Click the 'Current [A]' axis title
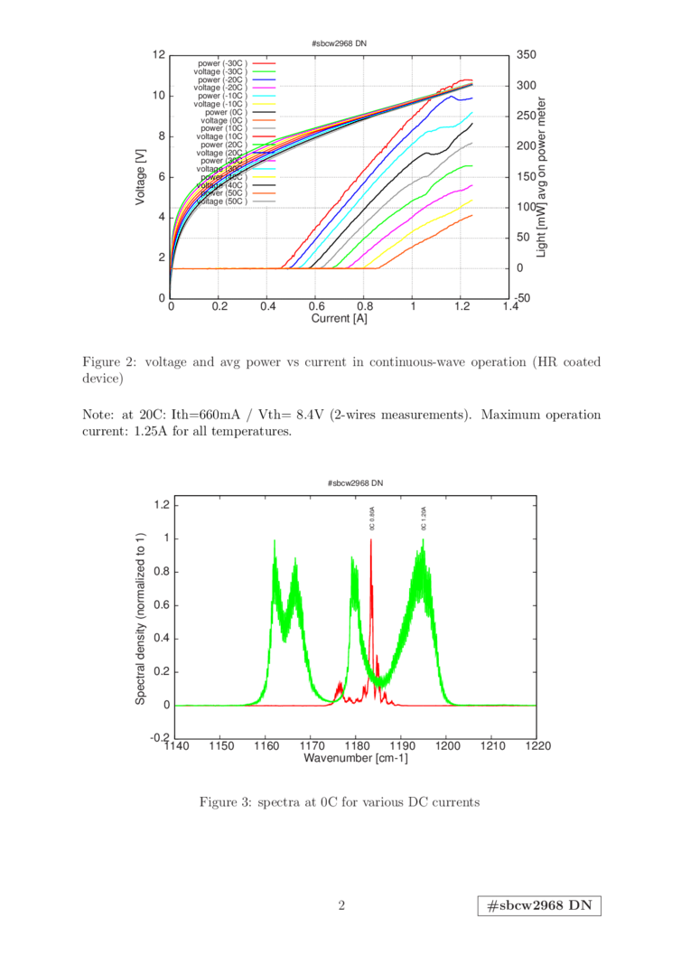pos(340,318)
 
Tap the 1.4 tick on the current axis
pos(509,307)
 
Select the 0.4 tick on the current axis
pos(267,307)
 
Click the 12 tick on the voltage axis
pos(160,55)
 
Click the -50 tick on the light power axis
pos(525,298)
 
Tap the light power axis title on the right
pos(544,176)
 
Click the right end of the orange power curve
pos(471,215)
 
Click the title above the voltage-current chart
pos(340,42)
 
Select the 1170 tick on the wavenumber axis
pos(311,747)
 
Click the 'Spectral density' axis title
pos(141,621)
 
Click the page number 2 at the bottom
pos(341,905)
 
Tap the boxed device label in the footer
pos(539,906)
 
